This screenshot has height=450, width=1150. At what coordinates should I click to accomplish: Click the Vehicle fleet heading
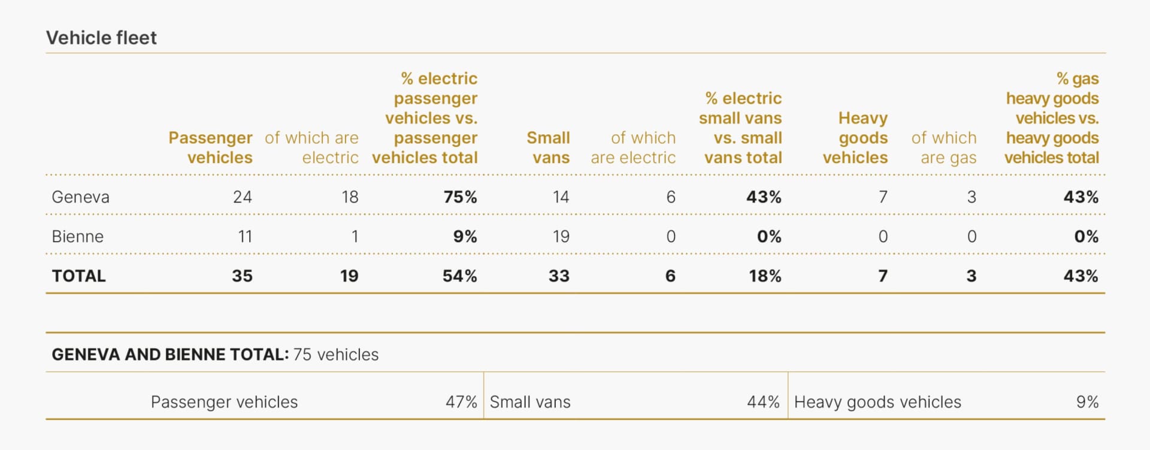pyautogui.click(x=101, y=38)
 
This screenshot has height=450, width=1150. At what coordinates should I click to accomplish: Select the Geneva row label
pyautogui.click(x=80, y=197)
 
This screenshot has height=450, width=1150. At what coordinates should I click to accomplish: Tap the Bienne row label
pyautogui.click(x=77, y=237)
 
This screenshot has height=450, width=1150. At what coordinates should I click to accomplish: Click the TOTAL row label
pyautogui.click(x=78, y=276)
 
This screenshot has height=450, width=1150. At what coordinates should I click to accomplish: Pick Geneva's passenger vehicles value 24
pyautogui.click(x=242, y=197)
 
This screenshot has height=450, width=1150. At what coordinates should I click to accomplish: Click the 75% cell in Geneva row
pyautogui.click(x=460, y=197)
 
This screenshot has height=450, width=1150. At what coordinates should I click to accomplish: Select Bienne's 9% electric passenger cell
pyautogui.click(x=465, y=237)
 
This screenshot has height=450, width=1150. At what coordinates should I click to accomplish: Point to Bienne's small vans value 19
pyautogui.click(x=561, y=237)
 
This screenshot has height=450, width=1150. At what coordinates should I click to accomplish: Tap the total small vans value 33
pyautogui.click(x=559, y=276)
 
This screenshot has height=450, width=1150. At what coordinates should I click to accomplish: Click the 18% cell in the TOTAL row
pyautogui.click(x=765, y=276)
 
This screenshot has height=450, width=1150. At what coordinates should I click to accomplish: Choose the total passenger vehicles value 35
pyautogui.click(x=242, y=276)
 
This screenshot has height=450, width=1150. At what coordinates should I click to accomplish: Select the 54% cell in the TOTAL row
pyautogui.click(x=459, y=276)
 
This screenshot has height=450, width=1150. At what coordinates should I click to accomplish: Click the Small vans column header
pyautogui.click(x=549, y=147)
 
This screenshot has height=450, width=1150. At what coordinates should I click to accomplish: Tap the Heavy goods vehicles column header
pyautogui.click(x=857, y=138)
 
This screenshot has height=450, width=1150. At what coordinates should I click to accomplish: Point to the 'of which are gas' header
pyautogui.click(x=945, y=147)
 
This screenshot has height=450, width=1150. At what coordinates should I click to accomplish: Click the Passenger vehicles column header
pyautogui.click(x=211, y=147)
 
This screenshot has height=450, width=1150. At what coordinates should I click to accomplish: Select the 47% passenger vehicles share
pyautogui.click(x=461, y=402)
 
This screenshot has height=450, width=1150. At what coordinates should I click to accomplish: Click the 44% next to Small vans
pyautogui.click(x=763, y=402)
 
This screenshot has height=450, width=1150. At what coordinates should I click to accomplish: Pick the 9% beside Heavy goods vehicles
pyautogui.click(x=1087, y=402)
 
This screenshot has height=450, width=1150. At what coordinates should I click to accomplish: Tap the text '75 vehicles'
pyautogui.click(x=336, y=355)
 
